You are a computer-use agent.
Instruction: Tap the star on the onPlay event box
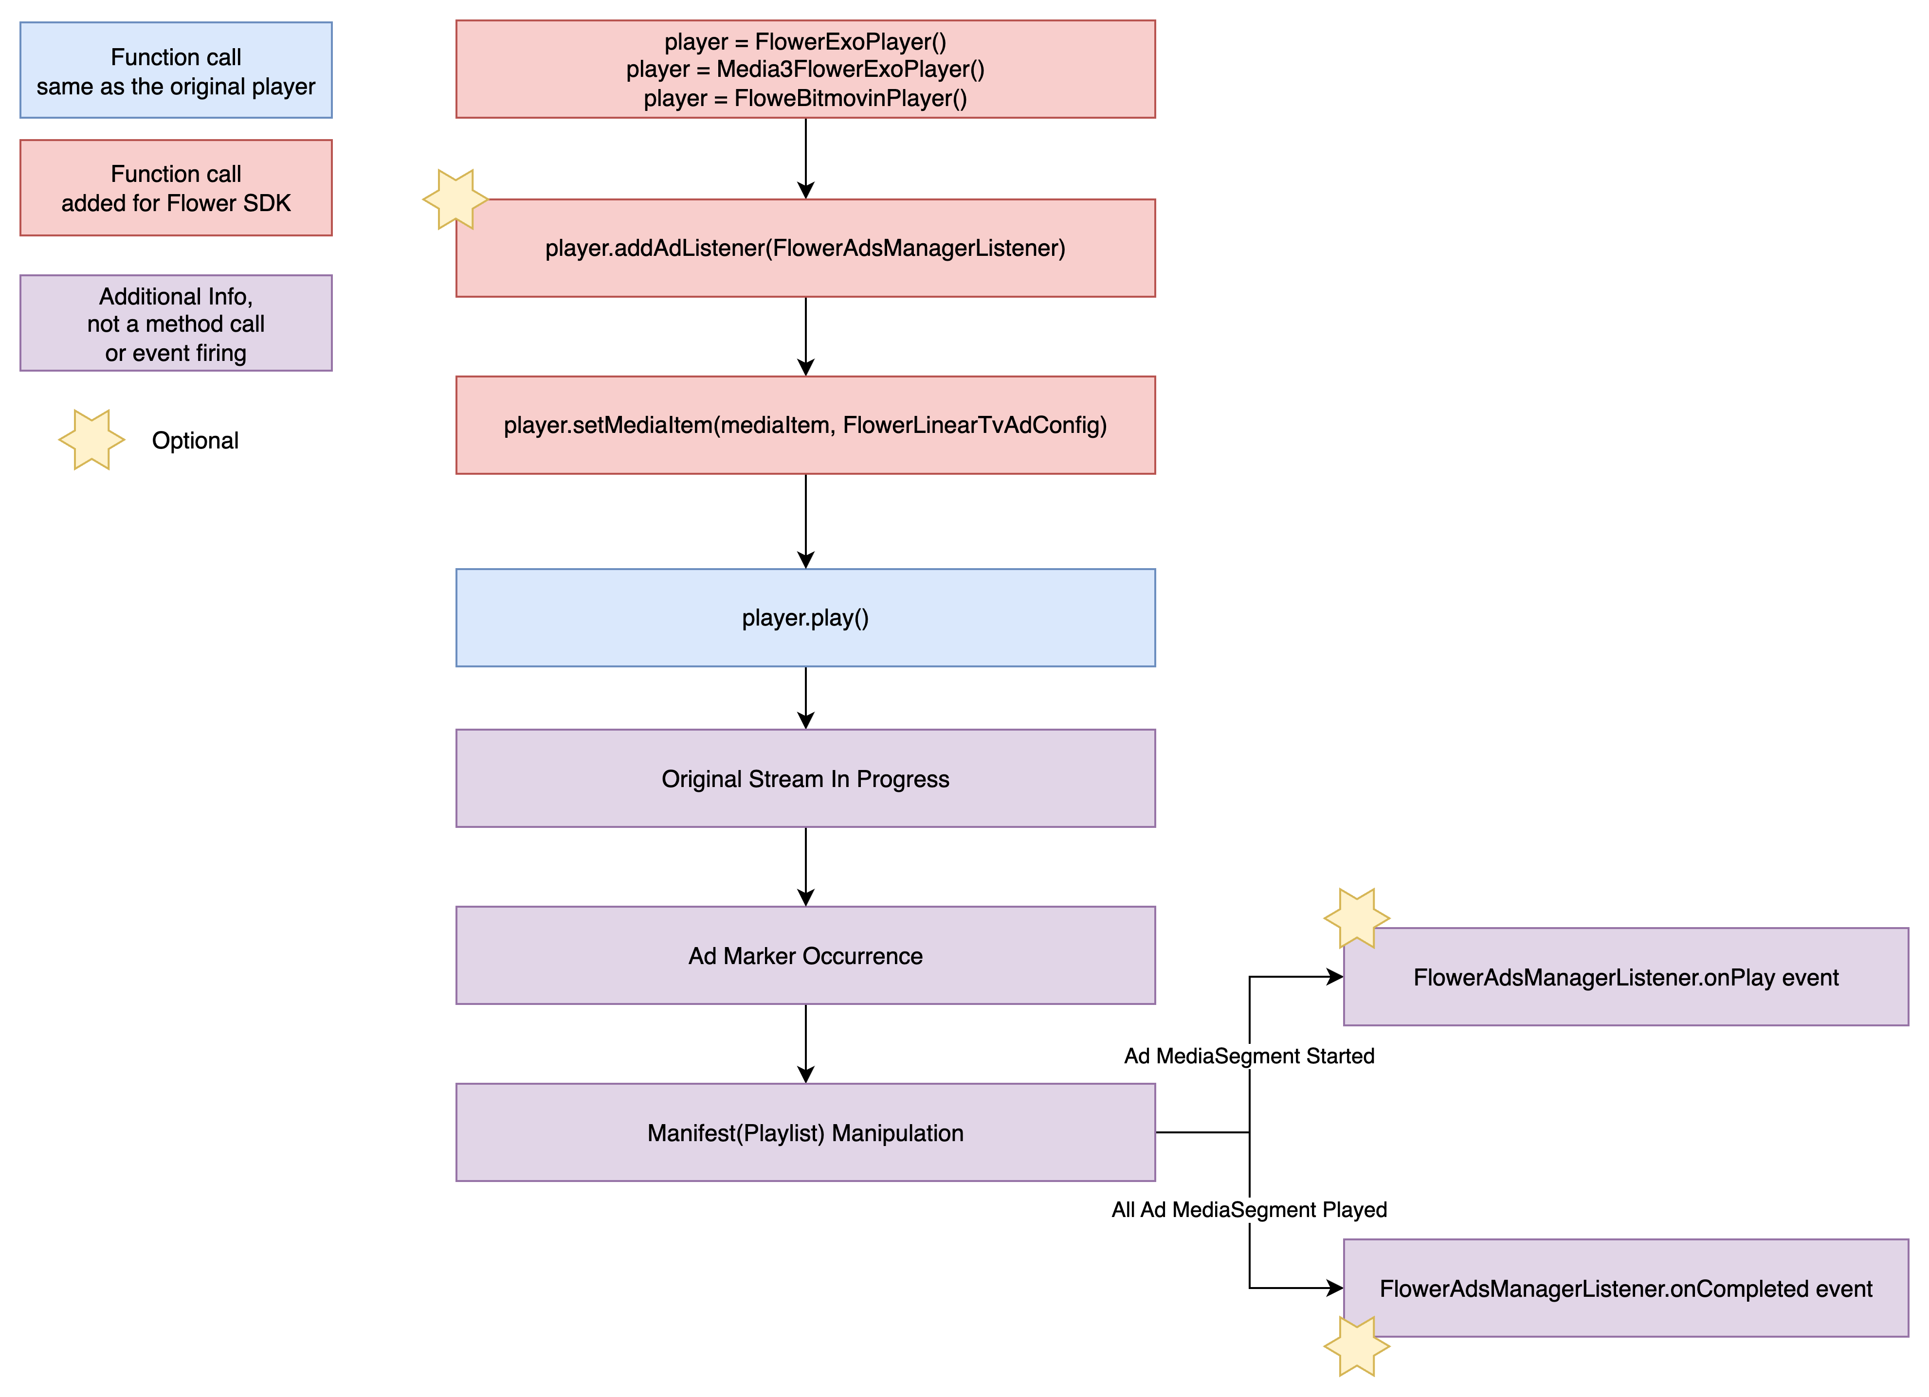[1357, 918]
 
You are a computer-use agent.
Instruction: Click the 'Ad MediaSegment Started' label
[1249, 1056]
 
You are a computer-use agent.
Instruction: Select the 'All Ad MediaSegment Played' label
[1249, 1209]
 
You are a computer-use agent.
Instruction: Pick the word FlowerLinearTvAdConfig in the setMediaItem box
[974, 425]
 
